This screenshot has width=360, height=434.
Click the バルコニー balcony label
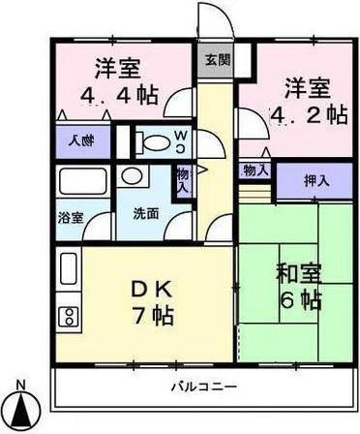click(x=198, y=386)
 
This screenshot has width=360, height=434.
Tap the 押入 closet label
click(x=315, y=179)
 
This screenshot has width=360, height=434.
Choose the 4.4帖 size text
click(x=118, y=98)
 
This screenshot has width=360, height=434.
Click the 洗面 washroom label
click(x=146, y=213)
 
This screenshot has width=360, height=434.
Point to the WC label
click(x=180, y=141)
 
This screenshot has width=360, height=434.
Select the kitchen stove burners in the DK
click(x=69, y=315)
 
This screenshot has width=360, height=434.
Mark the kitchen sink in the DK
click(x=69, y=268)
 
